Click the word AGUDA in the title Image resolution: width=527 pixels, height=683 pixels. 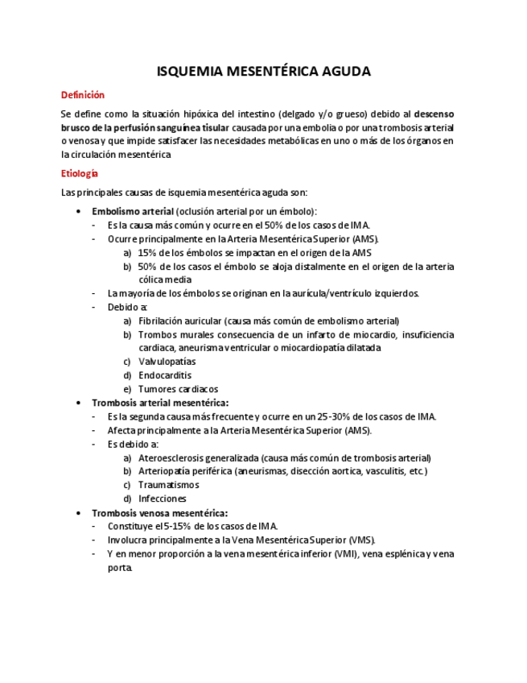[344, 72]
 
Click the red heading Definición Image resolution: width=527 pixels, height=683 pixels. [83, 95]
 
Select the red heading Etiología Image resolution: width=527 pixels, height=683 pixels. [80, 173]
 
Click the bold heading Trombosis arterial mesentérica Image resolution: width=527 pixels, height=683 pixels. [160, 403]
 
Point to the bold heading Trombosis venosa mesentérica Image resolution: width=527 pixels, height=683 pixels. [159, 512]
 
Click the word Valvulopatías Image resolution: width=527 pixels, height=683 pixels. [167, 362]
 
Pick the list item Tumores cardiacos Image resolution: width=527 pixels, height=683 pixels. [178, 389]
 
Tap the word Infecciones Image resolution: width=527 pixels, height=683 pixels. [162, 499]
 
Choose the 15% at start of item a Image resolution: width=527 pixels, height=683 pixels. [147, 252]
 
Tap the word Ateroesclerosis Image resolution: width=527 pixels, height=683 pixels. [172, 457]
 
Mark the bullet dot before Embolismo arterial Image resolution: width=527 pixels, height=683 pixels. [77, 211]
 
